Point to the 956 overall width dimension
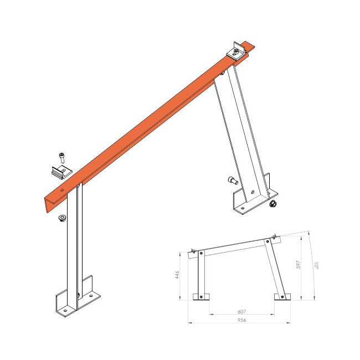[x=241, y=321]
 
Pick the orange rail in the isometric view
[x=150, y=122]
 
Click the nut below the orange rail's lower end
[x=61, y=217]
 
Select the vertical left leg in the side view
[x=201, y=274]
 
